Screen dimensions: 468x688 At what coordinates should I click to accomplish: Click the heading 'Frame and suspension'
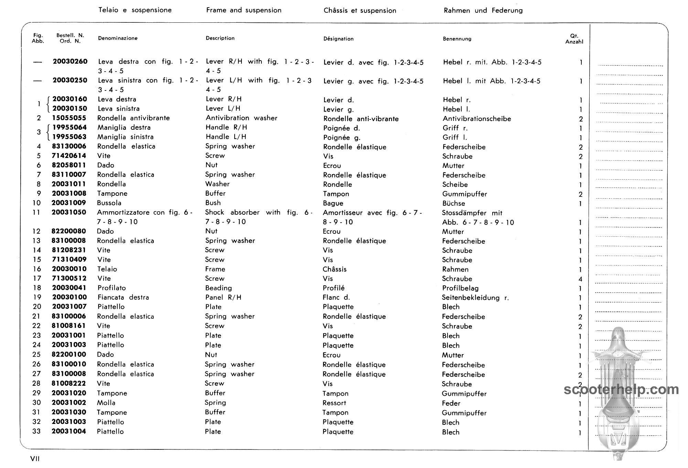(x=244, y=10)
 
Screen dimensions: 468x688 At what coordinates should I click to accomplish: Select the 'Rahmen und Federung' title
(x=483, y=11)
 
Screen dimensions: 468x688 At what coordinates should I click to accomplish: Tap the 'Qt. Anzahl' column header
(x=574, y=39)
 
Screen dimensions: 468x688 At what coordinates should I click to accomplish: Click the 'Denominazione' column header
(x=118, y=38)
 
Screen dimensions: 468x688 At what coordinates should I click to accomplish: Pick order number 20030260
(x=70, y=62)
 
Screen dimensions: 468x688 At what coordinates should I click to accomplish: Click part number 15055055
(x=69, y=118)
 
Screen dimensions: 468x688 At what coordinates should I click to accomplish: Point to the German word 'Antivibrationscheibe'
(x=477, y=119)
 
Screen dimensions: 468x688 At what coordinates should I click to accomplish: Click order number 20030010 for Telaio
(x=69, y=269)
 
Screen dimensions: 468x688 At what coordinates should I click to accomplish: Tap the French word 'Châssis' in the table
(x=334, y=269)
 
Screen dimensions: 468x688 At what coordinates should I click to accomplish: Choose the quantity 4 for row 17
(x=580, y=279)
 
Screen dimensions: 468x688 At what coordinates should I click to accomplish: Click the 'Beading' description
(x=218, y=288)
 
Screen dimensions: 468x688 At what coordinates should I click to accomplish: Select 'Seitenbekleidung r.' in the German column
(x=475, y=298)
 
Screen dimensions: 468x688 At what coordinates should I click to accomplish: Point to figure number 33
(x=36, y=432)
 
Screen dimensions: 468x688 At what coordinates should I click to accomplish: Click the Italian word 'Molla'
(x=106, y=403)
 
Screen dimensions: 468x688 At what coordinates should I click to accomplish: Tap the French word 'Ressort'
(x=334, y=403)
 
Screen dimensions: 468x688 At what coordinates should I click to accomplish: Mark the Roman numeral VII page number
(x=35, y=459)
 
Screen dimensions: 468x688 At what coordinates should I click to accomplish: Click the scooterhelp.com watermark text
(x=621, y=390)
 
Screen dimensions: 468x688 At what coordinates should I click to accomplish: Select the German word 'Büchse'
(x=453, y=203)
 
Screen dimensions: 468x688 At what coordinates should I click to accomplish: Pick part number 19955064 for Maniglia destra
(x=69, y=128)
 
